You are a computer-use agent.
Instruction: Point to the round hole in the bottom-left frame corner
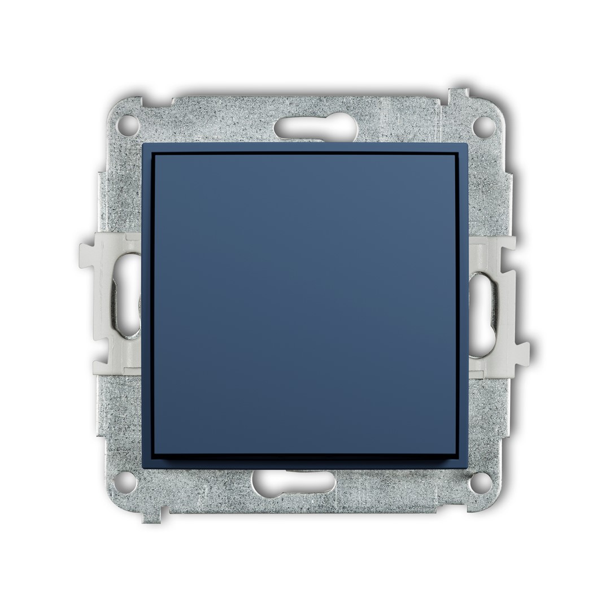[x=126, y=480]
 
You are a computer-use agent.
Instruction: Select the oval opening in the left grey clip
[x=128, y=299]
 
